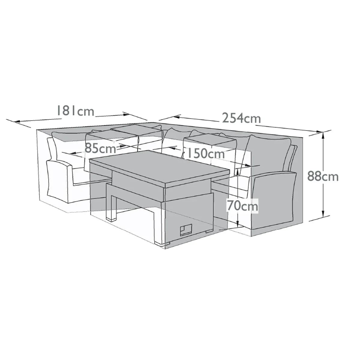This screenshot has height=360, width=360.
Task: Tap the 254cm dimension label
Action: pos(241,118)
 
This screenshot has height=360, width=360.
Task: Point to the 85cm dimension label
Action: pos(100,148)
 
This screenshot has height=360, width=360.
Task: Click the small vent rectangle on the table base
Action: pos(186,230)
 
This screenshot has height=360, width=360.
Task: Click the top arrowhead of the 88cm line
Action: pos(323,135)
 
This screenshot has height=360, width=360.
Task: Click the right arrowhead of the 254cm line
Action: pos(319,131)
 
